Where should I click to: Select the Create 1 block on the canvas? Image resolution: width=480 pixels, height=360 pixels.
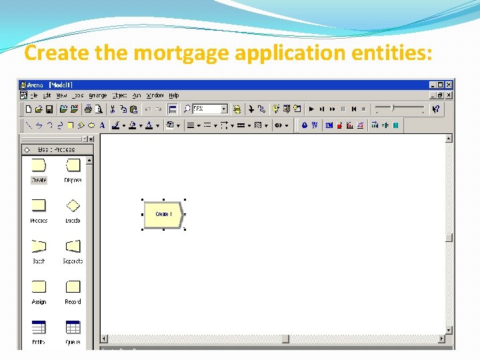[163, 215]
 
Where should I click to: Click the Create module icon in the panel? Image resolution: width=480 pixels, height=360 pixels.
[39, 166]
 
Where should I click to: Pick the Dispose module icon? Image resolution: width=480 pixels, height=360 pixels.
[73, 166]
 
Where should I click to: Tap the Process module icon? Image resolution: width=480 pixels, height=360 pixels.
[39, 206]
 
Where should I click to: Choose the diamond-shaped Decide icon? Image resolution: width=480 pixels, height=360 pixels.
[73, 206]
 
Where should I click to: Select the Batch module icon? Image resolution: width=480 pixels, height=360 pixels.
[39, 247]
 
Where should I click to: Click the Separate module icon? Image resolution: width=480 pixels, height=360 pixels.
[73, 247]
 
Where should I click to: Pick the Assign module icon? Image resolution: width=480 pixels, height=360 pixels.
[39, 287]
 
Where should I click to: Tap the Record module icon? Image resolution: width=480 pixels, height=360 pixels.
[73, 287]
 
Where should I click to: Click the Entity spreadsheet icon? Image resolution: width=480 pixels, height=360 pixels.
[39, 327]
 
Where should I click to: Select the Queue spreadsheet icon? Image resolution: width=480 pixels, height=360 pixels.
[73, 327]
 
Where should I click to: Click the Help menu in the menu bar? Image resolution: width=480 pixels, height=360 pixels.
[174, 95]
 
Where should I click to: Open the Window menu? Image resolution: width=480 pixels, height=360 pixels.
[155, 95]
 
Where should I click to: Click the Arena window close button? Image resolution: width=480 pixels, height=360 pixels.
[449, 85]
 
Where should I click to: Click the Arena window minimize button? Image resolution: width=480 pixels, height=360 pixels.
[433, 85]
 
